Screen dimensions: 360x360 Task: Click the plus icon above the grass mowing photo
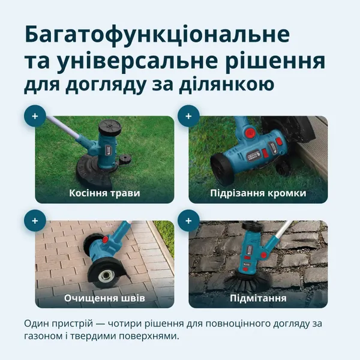point(35,116)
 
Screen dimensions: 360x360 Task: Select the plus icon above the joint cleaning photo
point(35,221)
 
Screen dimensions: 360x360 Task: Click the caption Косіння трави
point(104,193)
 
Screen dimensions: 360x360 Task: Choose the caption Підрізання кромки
point(258,193)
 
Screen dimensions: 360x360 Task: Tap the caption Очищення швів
point(104,298)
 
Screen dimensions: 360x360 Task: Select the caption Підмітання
point(258,298)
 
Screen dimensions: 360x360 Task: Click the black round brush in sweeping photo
point(244,276)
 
